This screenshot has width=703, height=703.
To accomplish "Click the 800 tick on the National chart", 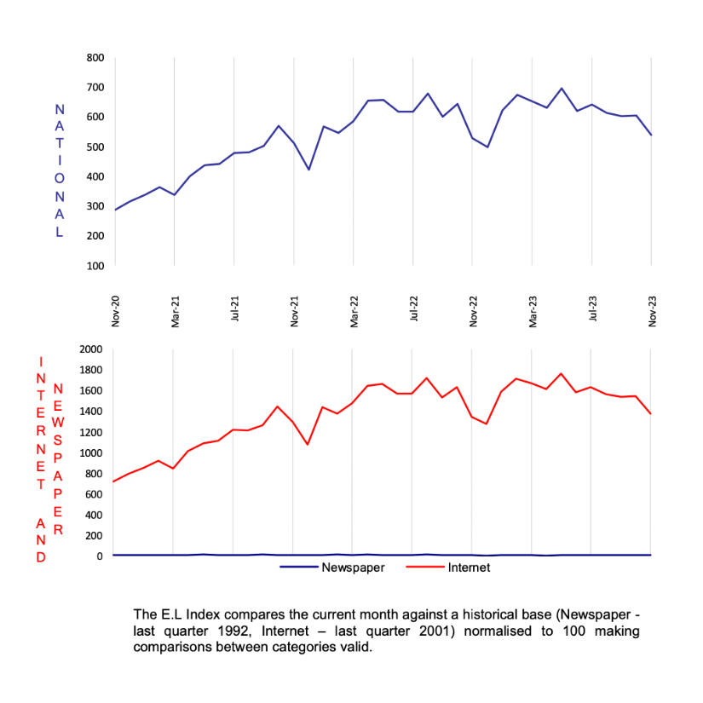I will pyautogui.click(x=95, y=58).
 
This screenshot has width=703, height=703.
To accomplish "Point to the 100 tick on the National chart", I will pyautogui.click(x=95, y=265).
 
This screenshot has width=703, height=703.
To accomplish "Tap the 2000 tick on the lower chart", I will pyautogui.click(x=90, y=349).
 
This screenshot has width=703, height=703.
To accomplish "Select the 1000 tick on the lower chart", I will pyautogui.click(x=90, y=452).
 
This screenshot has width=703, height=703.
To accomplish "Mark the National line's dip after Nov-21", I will pyautogui.click(x=308, y=170).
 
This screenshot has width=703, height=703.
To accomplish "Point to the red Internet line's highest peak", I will pyautogui.click(x=562, y=373).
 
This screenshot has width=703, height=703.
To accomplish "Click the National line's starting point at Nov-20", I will pyautogui.click(x=115, y=210).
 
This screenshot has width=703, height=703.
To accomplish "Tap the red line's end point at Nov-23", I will pyautogui.click(x=651, y=414).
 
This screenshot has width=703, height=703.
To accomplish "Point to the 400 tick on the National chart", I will pyautogui.click(x=95, y=176).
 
